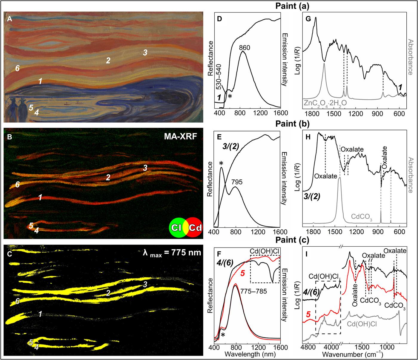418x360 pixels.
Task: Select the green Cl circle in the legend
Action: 176,228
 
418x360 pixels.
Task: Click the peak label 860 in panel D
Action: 245,47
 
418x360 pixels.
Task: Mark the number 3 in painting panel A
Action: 145,53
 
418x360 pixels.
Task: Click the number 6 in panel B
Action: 18,185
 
